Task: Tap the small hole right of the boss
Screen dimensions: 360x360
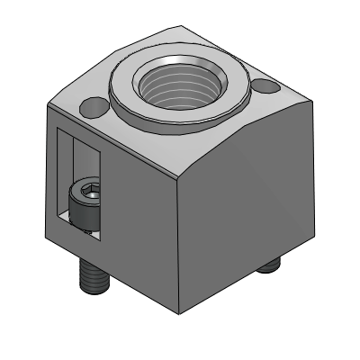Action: pos(265,87)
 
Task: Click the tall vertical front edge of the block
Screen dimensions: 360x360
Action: pos(181,243)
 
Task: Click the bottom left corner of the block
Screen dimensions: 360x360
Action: pos(49,241)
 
